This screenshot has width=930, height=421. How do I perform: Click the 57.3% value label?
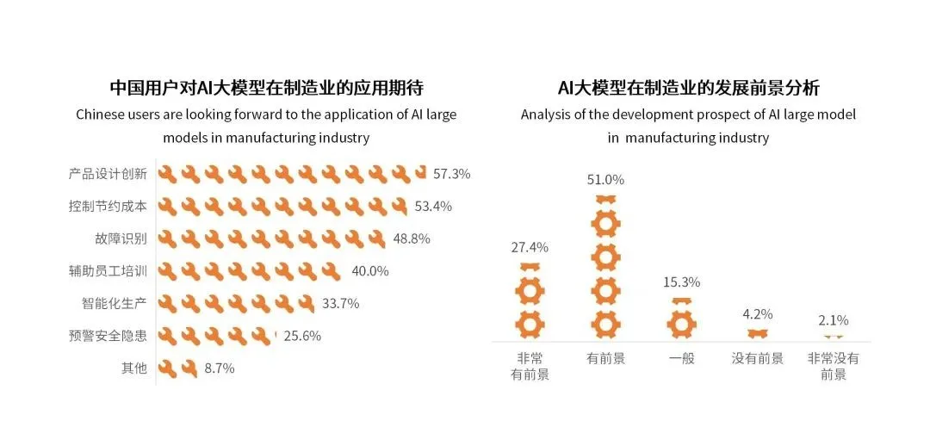coord(451,174)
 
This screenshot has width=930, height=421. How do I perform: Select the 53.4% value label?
coord(433,206)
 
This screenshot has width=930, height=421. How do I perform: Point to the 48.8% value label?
coord(412,238)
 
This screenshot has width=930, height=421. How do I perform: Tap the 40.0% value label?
coord(370,271)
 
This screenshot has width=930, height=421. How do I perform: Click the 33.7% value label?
coord(340,303)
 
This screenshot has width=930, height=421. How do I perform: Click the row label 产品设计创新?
coord(108,174)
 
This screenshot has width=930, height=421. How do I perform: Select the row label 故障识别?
coord(121,238)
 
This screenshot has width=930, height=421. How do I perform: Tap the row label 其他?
coord(133,368)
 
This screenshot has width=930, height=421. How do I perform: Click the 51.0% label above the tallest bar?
coord(605,180)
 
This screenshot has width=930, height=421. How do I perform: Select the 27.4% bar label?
coord(530,247)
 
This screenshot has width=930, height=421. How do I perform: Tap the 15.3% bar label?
coord(681,282)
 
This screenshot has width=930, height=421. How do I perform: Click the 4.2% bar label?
coord(757,314)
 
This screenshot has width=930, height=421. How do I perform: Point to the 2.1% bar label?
coord(833,320)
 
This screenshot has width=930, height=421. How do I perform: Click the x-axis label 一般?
coord(681,358)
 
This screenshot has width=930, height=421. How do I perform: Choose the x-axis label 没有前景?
coord(757,358)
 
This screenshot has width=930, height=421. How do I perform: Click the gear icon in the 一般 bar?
coord(681,323)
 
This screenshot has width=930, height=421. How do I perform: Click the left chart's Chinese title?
coord(267,88)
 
